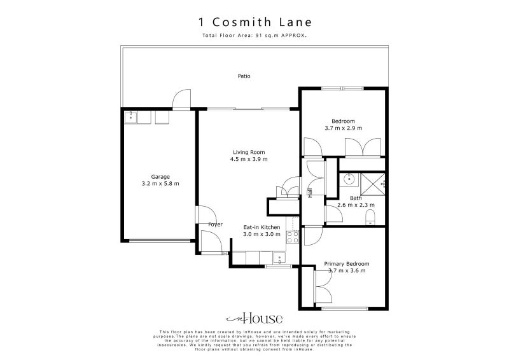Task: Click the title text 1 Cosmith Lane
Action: pyautogui.click(x=254, y=21)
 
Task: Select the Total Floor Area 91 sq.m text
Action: pyautogui.click(x=254, y=36)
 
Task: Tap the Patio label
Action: pyautogui.click(x=244, y=76)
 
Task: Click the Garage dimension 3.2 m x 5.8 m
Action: pyautogui.click(x=160, y=184)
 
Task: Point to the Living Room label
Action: pyautogui.click(x=248, y=152)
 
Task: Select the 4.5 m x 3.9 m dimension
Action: pyautogui.click(x=248, y=160)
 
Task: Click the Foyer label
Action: pyautogui.click(x=215, y=225)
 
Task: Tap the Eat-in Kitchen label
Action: pyautogui.click(x=261, y=227)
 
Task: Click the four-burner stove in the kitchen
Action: pyautogui.click(x=293, y=237)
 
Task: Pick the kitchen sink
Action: pyautogui.click(x=279, y=258)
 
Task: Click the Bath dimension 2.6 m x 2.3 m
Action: pyautogui.click(x=356, y=205)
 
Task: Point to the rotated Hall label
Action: pyautogui.click(x=310, y=193)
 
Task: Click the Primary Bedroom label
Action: pyautogui.click(x=346, y=264)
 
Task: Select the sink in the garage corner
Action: pyautogui.click(x=131, y=117)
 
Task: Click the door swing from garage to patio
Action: pyautogui.click(x=181, y=99)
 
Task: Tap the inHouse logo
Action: pyautogui.click(x=254, y=319)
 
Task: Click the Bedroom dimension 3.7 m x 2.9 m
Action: pyautogui.click(x=343, y=128)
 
